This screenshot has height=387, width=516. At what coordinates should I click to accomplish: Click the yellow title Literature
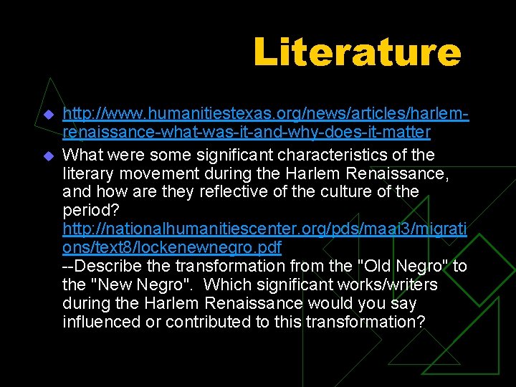click(x=356, y=53)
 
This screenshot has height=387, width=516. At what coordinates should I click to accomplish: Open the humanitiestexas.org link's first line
click(x=265, y=113)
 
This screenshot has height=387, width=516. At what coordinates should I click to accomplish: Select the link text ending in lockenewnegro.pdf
click(x=172, y=247)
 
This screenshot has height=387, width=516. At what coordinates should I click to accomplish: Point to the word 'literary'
click(x=87, y=173)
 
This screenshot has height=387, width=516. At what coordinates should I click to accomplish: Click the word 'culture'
click(x=348, y=191)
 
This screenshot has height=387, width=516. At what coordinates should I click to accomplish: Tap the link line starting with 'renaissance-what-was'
click(x=247, y=132)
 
